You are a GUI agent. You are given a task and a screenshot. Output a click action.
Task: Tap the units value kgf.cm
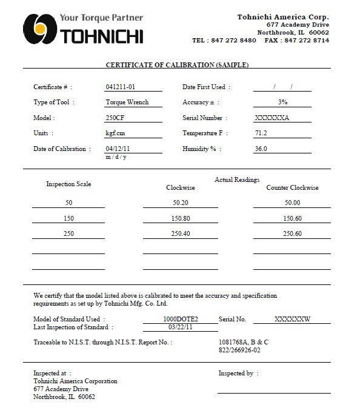115,133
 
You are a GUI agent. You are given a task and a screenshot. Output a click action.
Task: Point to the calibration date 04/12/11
118,149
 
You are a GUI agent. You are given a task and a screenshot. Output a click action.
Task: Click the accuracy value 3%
282,102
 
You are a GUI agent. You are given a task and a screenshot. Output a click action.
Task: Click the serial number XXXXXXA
272,118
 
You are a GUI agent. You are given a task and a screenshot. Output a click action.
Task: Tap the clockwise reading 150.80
181,218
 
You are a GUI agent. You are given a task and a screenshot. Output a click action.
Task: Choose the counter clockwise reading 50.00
292,203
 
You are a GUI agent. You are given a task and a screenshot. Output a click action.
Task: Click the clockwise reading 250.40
181,233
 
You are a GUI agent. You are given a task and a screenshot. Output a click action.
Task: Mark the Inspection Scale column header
68,184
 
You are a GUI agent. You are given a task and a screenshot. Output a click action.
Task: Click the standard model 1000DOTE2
181,319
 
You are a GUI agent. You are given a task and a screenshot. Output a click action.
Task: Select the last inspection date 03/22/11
181,327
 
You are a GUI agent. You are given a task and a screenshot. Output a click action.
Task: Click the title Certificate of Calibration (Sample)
178,65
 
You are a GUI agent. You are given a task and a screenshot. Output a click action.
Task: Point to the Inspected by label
236,373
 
